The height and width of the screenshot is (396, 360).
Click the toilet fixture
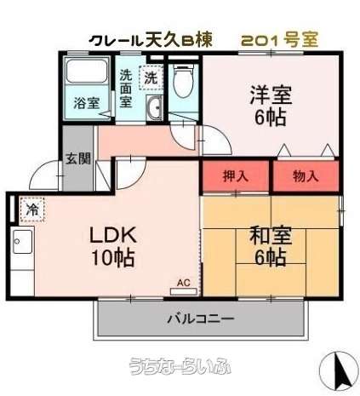(x=183, y=80)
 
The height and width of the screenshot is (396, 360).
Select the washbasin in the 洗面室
(x=154, y=108)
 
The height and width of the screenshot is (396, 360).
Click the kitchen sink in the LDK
(x=22, y=242)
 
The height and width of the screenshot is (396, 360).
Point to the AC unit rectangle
(x=184, y=291)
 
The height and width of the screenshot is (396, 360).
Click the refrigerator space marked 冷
(x=32, y=209)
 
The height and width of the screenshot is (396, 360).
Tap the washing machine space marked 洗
(x=151, y=77)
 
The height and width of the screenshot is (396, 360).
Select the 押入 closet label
(x=236, y=176)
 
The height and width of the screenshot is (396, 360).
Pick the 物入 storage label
(x=306, y=176)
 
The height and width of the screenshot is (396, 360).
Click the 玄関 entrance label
(x=78, y=158)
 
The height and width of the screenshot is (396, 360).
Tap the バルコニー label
(x=200, y=319)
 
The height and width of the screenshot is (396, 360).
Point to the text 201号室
(x=280, y=40)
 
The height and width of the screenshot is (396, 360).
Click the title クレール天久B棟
(x=151, y=40)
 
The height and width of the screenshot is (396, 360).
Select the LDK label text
(x=113, y=235)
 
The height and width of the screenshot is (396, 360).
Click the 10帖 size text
(x=112, y=257)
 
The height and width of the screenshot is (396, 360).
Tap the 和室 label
(x=271, y=236)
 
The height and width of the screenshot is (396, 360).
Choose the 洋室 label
(x=271, y=95)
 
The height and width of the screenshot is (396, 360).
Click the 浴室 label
(x=87, y=103)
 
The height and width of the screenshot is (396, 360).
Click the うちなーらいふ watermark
(x=180, y=365)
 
